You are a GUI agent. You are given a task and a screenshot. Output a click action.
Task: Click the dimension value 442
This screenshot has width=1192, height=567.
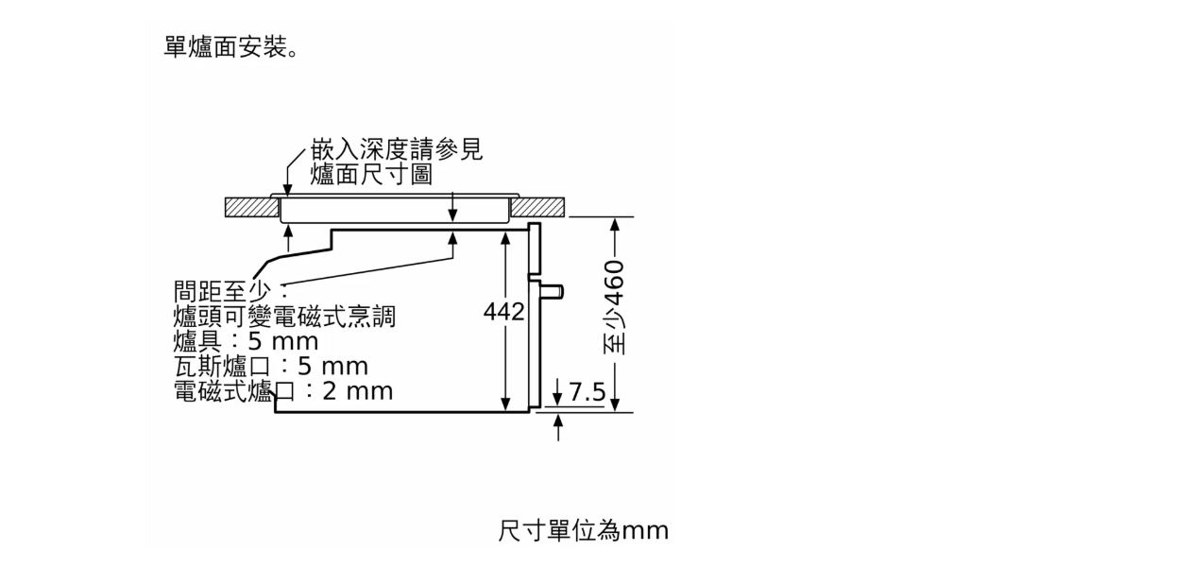[503, 312]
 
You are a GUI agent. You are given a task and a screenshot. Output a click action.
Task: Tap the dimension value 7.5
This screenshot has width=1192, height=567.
[587, 392]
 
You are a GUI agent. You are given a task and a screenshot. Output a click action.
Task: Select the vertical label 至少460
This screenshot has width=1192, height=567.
[614, 307]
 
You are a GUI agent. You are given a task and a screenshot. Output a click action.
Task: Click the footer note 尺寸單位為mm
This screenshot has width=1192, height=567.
[583, 530]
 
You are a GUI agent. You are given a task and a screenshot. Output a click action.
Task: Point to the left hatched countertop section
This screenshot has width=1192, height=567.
[251, 207]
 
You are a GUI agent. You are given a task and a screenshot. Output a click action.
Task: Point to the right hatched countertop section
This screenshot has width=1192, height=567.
[537, 207]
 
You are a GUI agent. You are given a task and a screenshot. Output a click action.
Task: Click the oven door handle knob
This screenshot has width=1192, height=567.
[552, 292]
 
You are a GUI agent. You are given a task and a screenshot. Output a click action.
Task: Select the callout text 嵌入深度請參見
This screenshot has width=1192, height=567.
[397, 149]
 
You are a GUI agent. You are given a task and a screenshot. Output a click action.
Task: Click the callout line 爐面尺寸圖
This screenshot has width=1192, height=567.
[371, 174]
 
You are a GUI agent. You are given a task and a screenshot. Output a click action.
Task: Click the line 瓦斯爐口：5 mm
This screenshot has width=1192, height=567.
[271, 367]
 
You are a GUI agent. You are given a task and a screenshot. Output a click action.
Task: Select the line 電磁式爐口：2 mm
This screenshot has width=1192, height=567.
[283, 391]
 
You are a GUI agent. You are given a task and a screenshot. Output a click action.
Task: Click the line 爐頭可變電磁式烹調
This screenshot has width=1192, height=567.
[284, 317]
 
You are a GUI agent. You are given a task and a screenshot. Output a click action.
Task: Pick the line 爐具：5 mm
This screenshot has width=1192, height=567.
[246, 341]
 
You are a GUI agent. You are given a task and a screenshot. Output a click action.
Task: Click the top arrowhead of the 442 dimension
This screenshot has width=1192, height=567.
[505, 237]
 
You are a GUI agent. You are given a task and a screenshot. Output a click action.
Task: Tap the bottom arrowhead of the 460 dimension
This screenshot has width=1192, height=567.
[615, 404]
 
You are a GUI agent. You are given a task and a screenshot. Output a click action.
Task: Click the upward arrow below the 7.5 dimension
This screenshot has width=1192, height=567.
[557, 427]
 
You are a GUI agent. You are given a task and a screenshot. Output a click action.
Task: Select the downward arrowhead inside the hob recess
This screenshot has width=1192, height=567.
[452, 215]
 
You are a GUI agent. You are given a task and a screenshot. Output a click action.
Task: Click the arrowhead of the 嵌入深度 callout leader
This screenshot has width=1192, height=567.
[287, 191]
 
